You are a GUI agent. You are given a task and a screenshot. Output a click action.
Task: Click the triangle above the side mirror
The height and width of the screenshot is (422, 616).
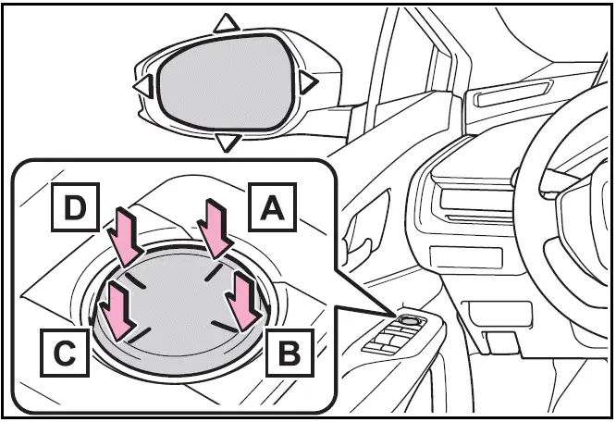coord(223,22)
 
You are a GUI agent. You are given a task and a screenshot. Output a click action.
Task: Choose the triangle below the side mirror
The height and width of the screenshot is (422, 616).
coord(227,143)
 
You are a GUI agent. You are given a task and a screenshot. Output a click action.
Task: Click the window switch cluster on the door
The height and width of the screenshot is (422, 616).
coord(393,341)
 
